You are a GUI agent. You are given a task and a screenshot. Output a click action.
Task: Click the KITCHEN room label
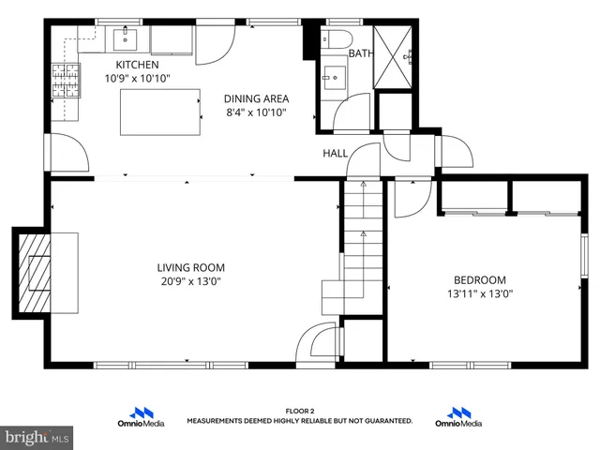[x=137, y=65]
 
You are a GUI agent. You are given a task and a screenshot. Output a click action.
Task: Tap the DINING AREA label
[x=256, y=98]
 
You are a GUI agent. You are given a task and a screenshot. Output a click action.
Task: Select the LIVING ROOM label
[x=190, y=267]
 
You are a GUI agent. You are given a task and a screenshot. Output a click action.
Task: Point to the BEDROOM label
[x=479, y=279]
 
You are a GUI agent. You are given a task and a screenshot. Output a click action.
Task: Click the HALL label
[x=335, y=153]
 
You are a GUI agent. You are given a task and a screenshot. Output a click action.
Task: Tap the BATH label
[x=360, y=53]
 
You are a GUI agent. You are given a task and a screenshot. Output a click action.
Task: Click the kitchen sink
[x=126, y=39]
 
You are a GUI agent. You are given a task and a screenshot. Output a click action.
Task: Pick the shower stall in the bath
[x=397, y=55]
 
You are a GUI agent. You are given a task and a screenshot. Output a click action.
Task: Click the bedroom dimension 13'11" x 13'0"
[x=479, y=293]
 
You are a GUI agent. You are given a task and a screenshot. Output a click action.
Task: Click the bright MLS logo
[x=37, y=436]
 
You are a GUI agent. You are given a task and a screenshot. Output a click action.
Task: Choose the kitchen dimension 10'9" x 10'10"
[x=137, y=78]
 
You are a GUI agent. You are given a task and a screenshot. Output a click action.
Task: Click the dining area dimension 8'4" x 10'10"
[x=256, y=112]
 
